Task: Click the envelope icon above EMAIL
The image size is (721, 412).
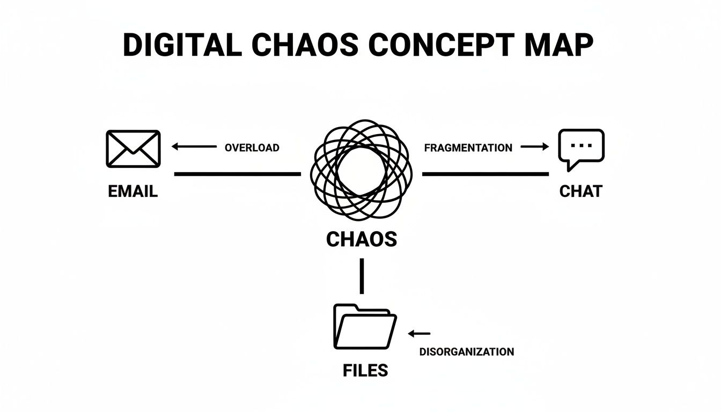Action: (x=133, y=148)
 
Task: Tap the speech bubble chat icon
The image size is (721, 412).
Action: (x=581, y=148)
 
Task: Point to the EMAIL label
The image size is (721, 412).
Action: (x=133, y=192)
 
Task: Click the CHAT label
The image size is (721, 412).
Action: (x=581, y=192)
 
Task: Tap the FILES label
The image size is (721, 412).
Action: (x=365, y=370)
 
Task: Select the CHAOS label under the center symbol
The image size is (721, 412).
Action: (x=362, y=239)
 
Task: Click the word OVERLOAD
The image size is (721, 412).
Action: (x=252, y=148)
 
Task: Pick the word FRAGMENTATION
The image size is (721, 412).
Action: (x=468, y=148)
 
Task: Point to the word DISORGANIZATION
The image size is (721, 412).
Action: (x=467, y=352)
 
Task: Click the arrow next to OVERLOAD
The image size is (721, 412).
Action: (x=193, y=146)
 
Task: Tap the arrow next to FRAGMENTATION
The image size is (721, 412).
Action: (x=535, y=146)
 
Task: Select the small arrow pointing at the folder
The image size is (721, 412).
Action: (x=419, y=334)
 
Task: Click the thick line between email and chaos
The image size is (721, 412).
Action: (x=238, y=174)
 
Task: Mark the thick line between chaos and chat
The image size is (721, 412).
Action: (x=485, y=174)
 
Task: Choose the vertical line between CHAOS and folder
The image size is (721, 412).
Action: (x=362, y=276)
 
